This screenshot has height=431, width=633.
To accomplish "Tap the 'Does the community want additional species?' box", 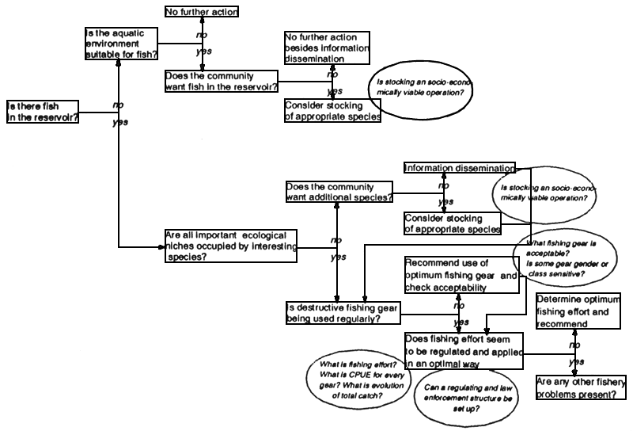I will point(339,192).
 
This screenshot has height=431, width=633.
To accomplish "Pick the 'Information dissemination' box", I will point(459,168).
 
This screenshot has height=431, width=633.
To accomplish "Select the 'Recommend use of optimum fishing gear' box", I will point(464,275).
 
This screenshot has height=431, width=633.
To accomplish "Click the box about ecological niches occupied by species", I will point(231,246).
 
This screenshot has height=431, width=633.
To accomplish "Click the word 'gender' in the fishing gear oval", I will point(572,263).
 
